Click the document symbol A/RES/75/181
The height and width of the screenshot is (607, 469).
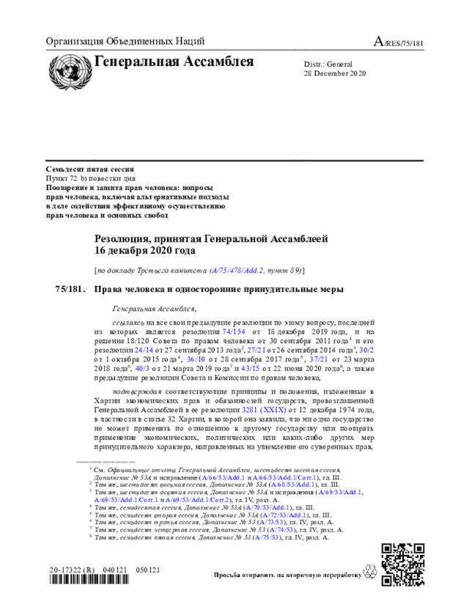(399, 43)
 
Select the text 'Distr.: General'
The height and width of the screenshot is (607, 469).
(328, 65)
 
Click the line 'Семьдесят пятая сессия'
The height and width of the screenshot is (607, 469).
(89, 169)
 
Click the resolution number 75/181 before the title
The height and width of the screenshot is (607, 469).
(70, 289)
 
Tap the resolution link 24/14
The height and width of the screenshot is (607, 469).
(135, 350)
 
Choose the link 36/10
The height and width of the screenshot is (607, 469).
(196, 360)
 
